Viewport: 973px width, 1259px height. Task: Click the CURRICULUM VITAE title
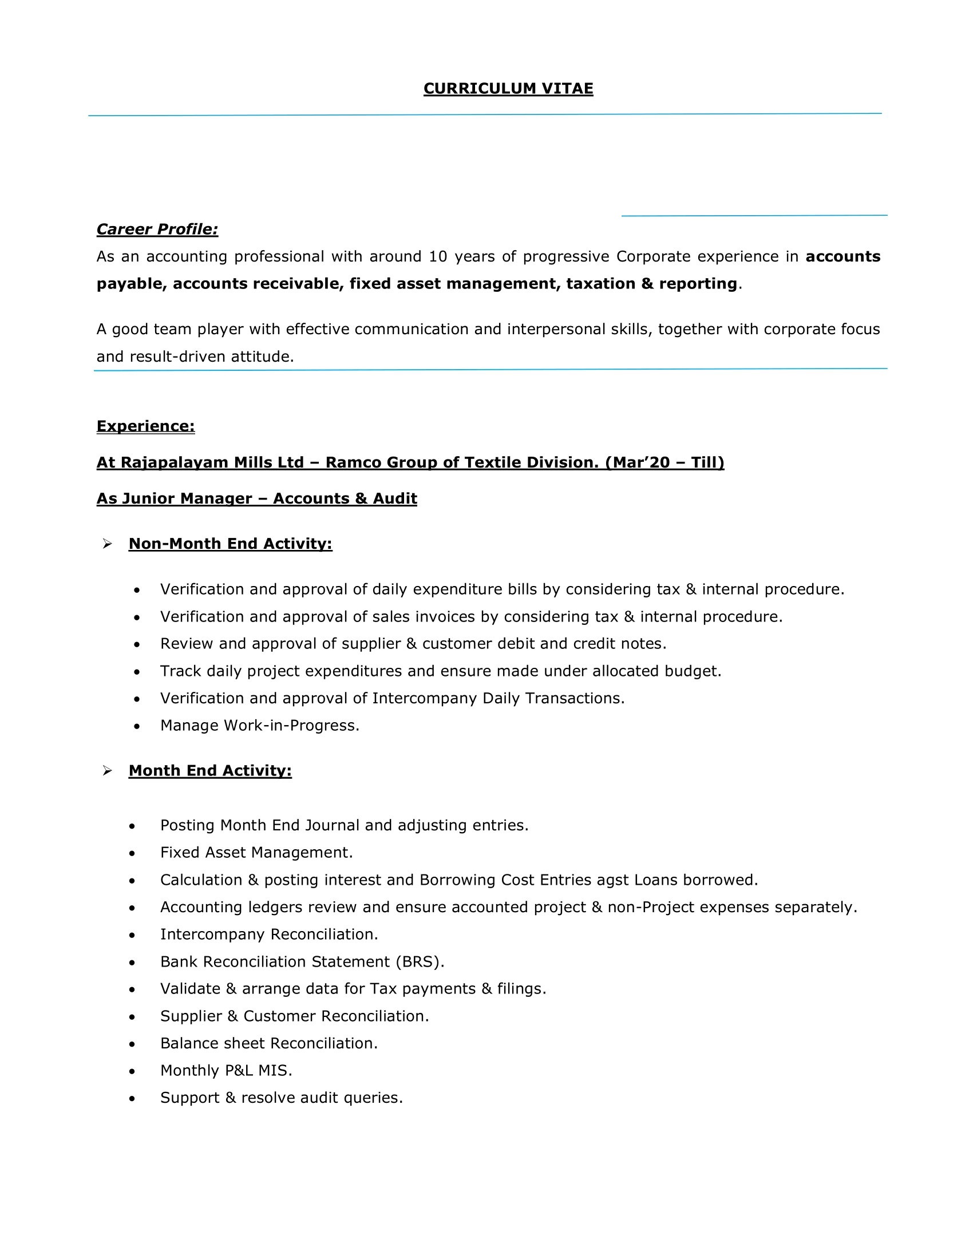pos(508,88)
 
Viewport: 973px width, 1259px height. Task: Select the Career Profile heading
pos(157,229)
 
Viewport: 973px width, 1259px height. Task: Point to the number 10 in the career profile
pos(437,256)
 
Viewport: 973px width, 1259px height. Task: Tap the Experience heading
pos(145,426)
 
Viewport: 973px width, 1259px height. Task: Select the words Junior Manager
pos(186,498)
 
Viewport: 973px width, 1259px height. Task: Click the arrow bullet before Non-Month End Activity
pos(107,544)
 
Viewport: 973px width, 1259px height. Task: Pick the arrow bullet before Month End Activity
pos(107,771)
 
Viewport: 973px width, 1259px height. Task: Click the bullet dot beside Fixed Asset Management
pos(133,853)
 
